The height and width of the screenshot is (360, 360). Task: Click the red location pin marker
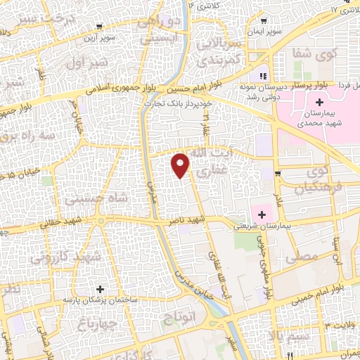(181, 164)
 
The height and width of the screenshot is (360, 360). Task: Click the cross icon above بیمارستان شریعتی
(263, 214)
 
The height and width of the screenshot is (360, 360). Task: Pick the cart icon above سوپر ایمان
(264, 21)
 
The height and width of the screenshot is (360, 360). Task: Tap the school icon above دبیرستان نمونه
(263, 76)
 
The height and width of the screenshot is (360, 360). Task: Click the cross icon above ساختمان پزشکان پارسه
(101, 288)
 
